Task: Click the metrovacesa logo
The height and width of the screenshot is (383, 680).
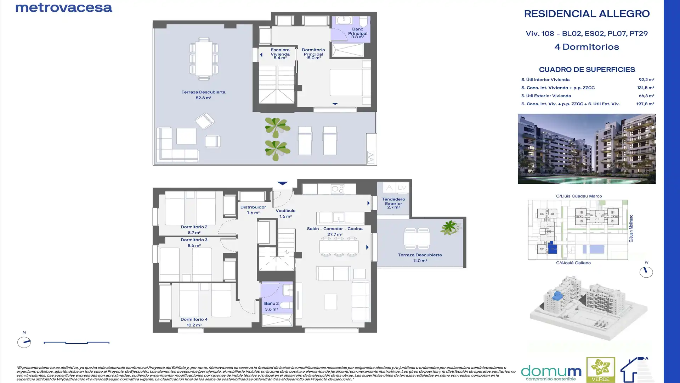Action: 64,8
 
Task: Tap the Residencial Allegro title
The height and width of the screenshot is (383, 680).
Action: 586,14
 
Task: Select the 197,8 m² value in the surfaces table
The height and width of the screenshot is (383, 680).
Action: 645,104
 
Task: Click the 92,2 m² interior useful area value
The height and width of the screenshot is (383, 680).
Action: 646,80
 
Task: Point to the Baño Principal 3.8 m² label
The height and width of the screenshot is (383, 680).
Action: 357,33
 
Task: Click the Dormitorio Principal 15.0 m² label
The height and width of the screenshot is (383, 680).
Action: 313,54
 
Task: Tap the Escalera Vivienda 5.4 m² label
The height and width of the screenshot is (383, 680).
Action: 280,54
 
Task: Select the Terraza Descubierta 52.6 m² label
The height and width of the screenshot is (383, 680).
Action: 203,95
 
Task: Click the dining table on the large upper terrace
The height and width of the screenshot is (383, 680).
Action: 204,59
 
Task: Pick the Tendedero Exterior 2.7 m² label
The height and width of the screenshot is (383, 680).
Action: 393,203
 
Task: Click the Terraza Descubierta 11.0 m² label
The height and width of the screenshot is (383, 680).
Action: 420,257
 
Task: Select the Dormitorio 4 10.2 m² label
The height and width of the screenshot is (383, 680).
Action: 194,322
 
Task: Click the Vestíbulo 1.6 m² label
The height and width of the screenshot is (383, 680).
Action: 285,213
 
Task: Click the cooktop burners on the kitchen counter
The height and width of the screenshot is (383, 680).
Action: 337,189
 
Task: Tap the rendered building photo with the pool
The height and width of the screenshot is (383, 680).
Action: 586,149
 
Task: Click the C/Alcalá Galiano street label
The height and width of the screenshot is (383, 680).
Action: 573,263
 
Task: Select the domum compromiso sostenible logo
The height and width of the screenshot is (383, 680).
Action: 551,372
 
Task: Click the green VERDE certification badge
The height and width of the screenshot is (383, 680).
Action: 600,370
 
